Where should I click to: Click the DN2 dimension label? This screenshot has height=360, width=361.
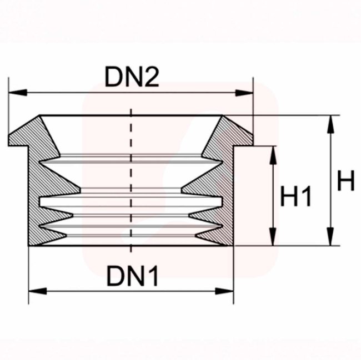pos(132,77)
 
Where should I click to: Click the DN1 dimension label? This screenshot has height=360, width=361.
pos(132,275)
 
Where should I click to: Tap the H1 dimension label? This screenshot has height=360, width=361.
pos(296,196)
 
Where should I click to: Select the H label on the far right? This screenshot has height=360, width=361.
pos(346,180)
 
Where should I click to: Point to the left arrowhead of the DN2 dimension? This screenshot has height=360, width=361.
pos(18,93)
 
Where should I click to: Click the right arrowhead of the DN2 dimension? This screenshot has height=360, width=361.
pos(244,93)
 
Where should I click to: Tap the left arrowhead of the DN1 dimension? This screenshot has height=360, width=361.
pos(38,291)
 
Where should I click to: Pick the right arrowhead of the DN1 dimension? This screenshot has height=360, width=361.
pos(224,291)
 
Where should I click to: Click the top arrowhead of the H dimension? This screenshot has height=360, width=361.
pos(330,124)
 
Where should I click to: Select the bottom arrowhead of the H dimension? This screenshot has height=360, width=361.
pos(330,236)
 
